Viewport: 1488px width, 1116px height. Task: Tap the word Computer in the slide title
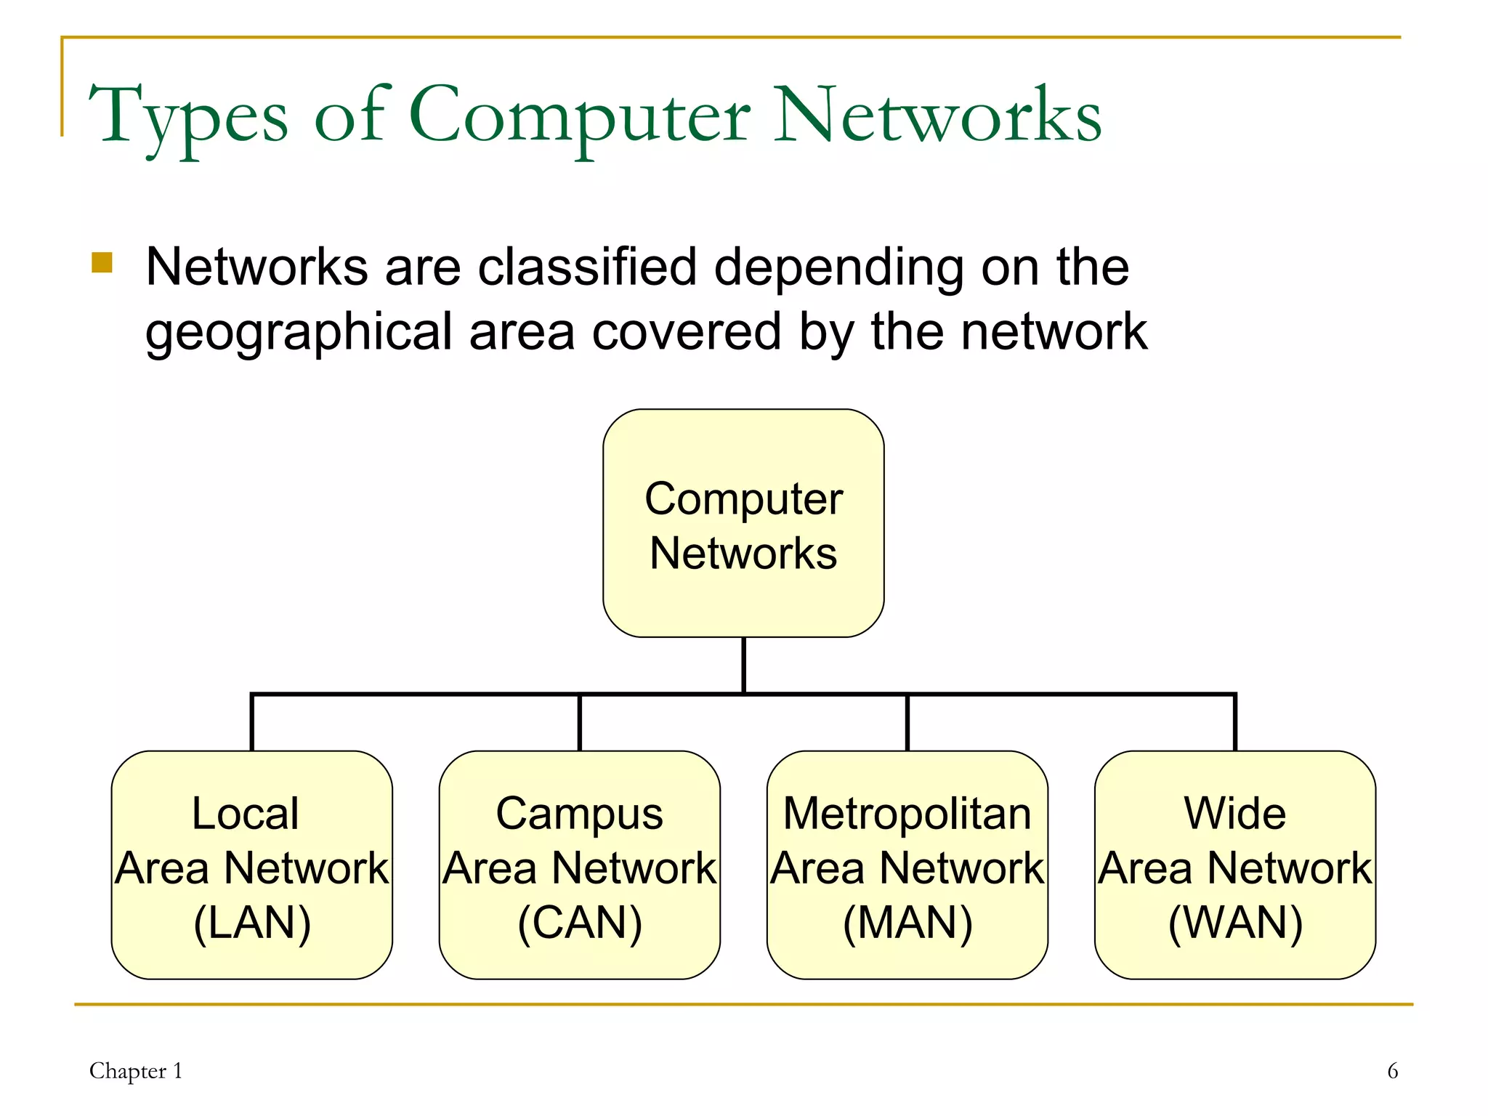[x=579, y=116]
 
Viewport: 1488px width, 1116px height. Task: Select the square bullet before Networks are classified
[x=102, y=262]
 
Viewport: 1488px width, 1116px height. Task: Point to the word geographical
[x=299, y=332]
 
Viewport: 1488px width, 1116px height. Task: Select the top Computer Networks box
[x=743, y=523]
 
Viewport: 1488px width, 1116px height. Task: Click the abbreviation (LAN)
[x=252, y=923]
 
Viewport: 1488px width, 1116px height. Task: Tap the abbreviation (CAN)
[x=580, y=923]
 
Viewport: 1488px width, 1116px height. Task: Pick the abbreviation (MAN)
[x=907, y=923]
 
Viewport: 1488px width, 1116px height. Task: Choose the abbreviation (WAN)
[x=1235, y=923]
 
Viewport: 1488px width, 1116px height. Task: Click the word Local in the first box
[x=245, y=813]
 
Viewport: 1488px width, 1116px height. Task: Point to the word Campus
[x=579, y=814]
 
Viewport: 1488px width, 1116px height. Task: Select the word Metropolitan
[x=907, y=814]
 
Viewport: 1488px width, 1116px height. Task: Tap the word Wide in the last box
[x=1234, y=813]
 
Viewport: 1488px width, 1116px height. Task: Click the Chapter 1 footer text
[x=136, y=1071]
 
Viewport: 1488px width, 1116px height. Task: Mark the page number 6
[x=1392, y=1071]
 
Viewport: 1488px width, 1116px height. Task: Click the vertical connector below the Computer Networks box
[x=743, y=665]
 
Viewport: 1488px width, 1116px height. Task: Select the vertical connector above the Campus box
[x=580, y=723]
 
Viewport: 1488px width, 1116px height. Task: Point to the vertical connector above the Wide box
[x=1235, y=723]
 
